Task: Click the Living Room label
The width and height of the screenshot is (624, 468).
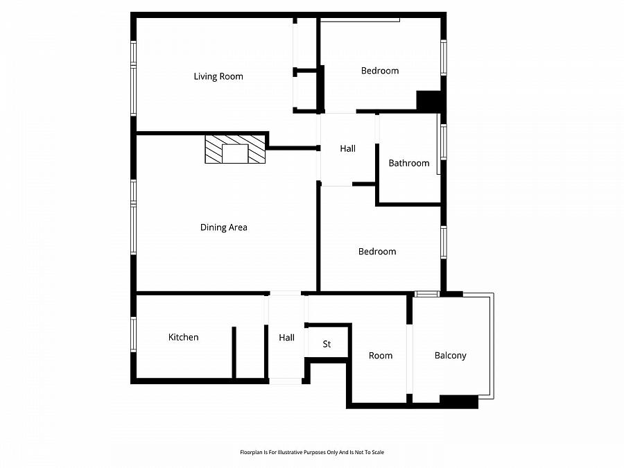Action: pyautogui.click(x=218, y=76)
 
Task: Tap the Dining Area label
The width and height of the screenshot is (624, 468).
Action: pyautogui.click(x=223, y=227)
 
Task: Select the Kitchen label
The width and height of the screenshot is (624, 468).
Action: pyautogui.click(x=183, y=337)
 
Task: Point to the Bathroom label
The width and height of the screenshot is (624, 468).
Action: pyautogui.click(x=408, y=163)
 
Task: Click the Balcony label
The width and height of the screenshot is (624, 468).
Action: pyautogui.click(x=450, y=355)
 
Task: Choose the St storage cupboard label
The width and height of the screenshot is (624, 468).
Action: pyautogui.click(x=327, y=344)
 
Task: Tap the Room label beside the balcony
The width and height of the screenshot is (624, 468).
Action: pyautogui.click(x=380, y=355)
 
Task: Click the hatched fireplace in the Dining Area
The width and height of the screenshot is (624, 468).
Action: pyautogui.click(x=235, y=150)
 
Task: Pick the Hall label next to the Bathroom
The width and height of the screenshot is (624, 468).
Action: pyautogui.click(x=347, y=148)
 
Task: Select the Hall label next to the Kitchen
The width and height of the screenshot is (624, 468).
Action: pyautogui.click(x=286, y=338)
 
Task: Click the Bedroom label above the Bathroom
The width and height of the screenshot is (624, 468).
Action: pyautogui.click(x=380, y=71)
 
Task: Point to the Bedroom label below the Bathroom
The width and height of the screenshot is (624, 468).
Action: pyautogui.click(x=377, y=251)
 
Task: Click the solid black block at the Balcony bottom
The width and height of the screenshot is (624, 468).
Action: pyautogui.click(x=459, y=401)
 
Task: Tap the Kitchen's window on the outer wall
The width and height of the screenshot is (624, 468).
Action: pyautogui.click(x=133, y=334)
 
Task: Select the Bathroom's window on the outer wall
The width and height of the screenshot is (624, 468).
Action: pyautogui.click(x=443, y=141)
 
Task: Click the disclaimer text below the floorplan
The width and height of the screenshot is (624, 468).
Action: pyautogui.click(x=311, y=452)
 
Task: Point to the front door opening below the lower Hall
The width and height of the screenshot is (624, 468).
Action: pyautogui.click(x=285, y=381)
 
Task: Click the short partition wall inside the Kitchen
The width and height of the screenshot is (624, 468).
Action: pyautogui.click(x=234, y=352)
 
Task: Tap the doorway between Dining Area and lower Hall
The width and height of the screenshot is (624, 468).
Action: pyautogui.click(x=284, y=293)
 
